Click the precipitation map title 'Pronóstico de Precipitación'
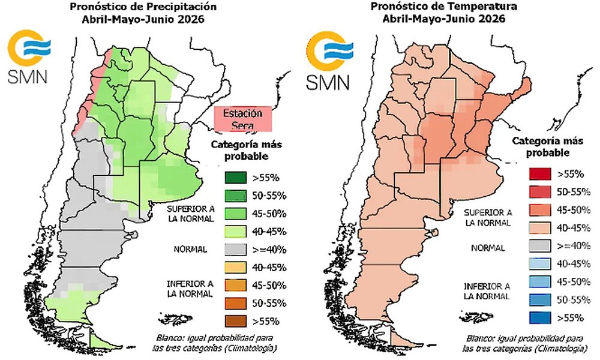tap(142, 7)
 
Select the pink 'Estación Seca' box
tap(243, 119)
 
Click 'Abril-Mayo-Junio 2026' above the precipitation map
tap(142, 19)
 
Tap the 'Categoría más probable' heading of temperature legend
tap(542, 146)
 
